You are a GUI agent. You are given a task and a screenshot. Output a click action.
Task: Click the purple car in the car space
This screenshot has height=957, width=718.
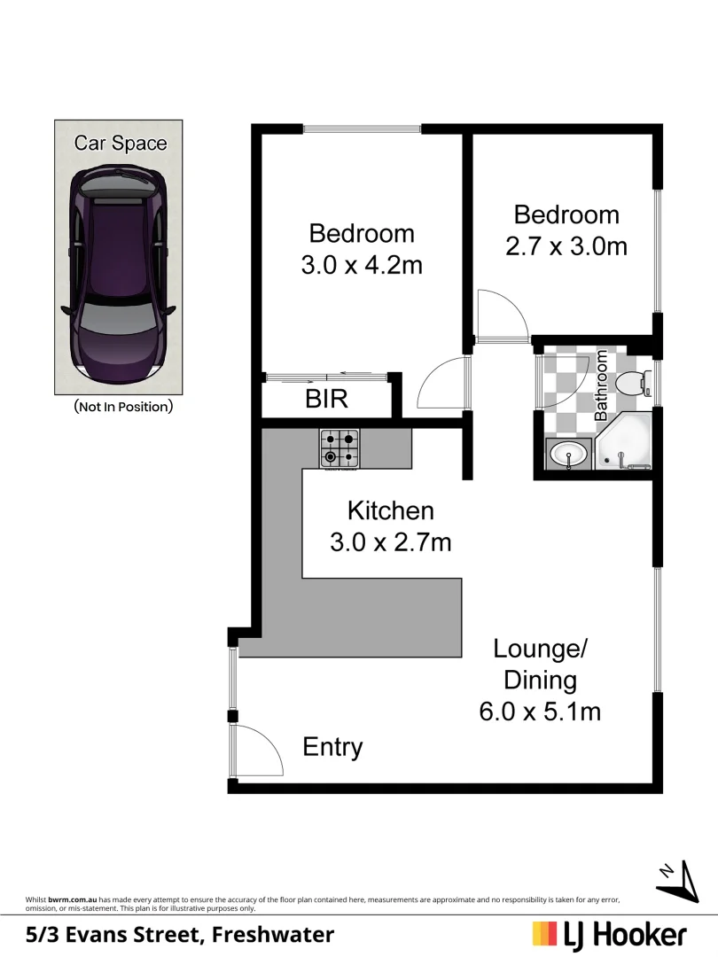118,274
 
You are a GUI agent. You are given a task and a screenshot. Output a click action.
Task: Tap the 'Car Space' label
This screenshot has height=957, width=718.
120,143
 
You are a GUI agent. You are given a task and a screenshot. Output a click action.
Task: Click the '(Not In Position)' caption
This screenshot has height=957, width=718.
122,407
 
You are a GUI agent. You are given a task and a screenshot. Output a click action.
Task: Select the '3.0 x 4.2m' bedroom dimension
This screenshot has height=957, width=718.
361,265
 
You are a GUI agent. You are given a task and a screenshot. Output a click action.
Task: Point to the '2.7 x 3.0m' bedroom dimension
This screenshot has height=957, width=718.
566,245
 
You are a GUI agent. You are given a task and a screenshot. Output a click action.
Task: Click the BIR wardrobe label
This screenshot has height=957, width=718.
326,400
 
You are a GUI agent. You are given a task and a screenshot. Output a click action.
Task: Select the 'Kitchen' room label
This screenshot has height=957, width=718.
390,510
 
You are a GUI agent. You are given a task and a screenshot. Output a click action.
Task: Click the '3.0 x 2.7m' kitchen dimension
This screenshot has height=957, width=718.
390,541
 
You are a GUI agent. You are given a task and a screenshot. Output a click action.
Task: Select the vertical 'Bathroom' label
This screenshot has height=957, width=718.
601,385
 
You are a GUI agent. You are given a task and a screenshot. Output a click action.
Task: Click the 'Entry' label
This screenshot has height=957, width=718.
332,747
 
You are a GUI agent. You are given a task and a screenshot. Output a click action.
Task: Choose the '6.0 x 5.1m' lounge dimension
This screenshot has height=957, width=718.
540,712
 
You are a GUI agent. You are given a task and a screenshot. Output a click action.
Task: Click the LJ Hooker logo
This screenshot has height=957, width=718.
609,934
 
